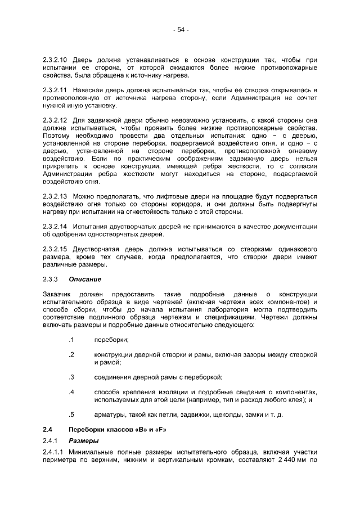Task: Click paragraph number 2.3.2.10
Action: click(55, 60)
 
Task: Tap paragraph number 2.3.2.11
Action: click(55, 90)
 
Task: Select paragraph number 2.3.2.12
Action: click(55, 120)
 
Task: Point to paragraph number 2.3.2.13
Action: click(55, 196)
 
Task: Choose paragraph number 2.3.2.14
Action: click(55, 226)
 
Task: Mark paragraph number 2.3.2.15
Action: click(55, 249)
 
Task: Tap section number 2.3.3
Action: click(51, 279)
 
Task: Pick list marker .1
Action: click(71, 340)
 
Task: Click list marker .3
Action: click(71, 377)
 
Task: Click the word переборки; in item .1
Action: click(111, 340)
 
